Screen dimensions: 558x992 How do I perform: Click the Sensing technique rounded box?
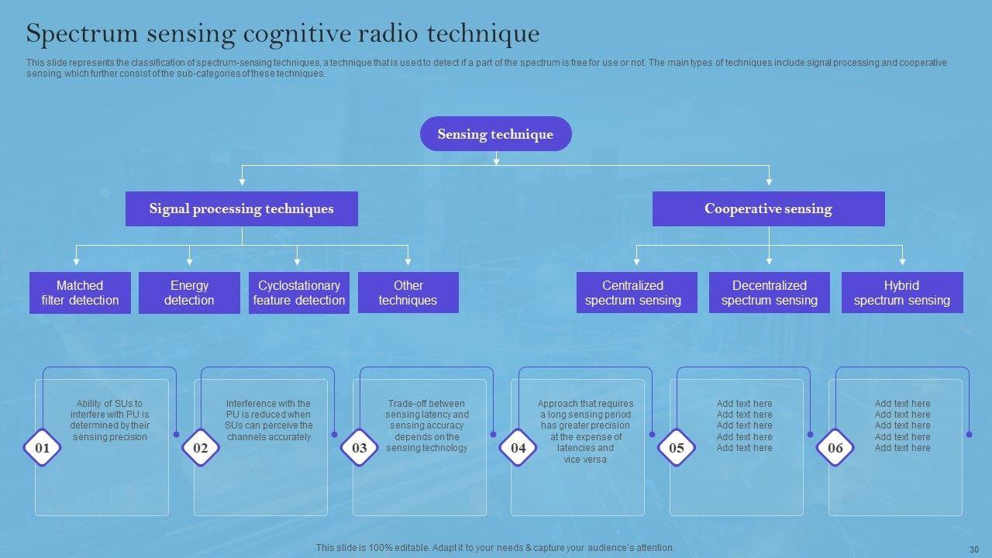[496, 134]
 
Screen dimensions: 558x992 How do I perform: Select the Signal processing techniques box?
[242, 208]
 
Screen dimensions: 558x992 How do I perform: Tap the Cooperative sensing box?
[768, 208]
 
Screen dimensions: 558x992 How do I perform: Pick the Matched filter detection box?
[80, 293]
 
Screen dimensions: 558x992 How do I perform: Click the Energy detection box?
[189, 293]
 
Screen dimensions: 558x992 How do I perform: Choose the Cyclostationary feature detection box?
[299, 293]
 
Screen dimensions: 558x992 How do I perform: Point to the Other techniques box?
[408, 293]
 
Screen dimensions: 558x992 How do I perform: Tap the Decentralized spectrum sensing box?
[770, 293]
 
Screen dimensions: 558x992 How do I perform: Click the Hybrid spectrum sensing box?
[902, 293]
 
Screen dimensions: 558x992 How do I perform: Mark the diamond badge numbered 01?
[43, 448]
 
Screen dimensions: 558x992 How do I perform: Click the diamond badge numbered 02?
[201, 448]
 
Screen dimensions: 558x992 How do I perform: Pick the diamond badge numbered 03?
[360, 448]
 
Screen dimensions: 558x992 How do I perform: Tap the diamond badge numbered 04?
[518, 448]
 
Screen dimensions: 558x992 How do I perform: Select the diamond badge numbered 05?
[677, 448]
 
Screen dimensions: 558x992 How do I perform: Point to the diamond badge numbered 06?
[835, 448]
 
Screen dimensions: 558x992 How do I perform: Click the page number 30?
[974, 548]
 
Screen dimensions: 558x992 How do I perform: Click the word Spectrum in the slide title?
[78, 34]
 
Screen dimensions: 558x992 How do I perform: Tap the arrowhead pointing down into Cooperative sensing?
[769, 181]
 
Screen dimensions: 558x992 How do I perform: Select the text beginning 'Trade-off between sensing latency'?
[427, 425]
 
